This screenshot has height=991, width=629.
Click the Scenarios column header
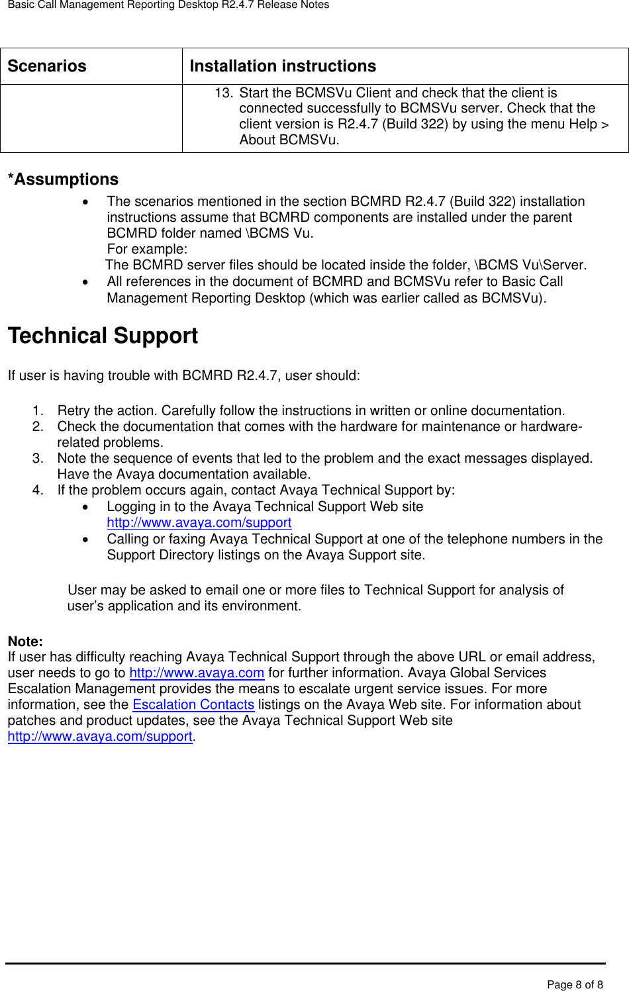[47, 66]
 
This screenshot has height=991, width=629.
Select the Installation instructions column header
[283, 66]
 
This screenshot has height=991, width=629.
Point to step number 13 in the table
[224, 93]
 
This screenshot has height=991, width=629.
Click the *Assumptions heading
[63, 179]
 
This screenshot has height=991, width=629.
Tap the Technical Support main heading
[103, 336]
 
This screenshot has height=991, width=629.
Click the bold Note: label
[25, 641]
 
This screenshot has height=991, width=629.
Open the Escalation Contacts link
[193, 705]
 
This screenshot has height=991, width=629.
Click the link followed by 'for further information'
[197, 673]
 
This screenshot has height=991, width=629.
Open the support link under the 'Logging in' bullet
[199, 523]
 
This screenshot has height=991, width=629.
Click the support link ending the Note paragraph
[100, 737]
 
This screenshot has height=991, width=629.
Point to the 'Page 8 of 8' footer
[575, 984]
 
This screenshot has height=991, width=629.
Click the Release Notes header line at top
[168, 5]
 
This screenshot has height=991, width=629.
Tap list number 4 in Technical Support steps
[38, 491]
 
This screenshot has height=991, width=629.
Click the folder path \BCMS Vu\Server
[529, 265]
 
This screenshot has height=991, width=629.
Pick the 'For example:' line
[147, 250]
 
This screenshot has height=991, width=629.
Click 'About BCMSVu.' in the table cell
[289, 140]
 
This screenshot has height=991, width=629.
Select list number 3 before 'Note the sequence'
[38, 459]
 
